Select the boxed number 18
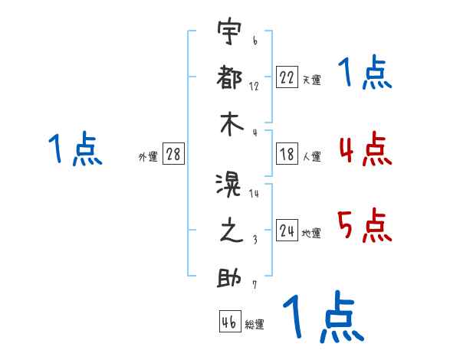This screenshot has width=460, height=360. point(287,154)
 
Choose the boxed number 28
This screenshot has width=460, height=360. point(173,155)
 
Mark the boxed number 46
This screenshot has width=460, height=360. point(228,322)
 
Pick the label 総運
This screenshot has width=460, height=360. point(255,325)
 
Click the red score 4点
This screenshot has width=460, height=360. point(365,149)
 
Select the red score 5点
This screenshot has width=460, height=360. point(365,224)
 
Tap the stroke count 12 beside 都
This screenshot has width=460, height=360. point(255,87)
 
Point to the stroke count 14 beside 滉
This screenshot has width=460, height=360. point(255,194)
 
